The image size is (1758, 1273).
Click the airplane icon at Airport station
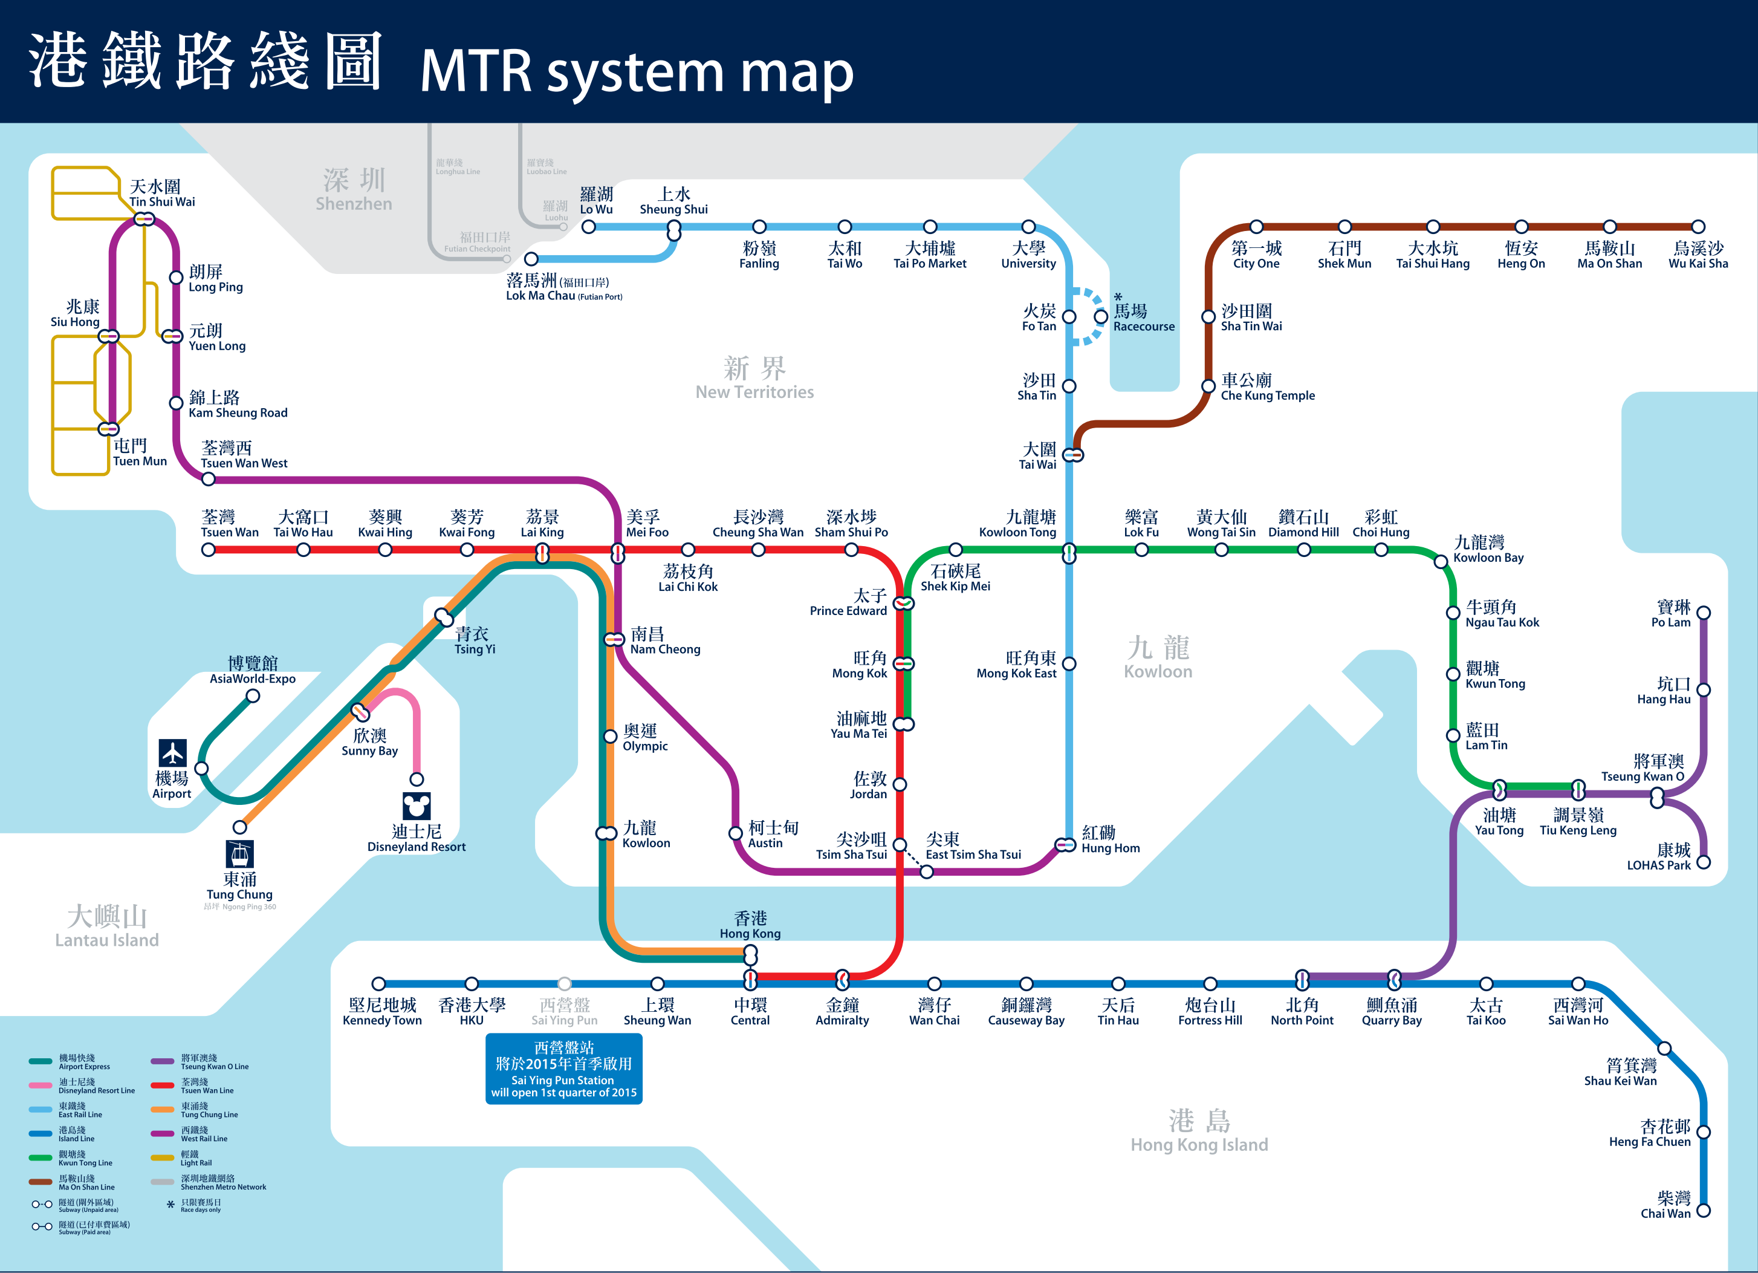[172, 752]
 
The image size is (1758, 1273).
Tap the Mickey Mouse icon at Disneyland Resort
[417, 806]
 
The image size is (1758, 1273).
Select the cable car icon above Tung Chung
[239, 853]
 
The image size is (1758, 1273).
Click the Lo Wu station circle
[589, 227]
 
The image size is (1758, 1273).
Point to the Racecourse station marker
[1101, 316]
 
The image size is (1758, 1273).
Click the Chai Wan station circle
[1704, 1211]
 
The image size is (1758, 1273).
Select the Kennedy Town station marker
[378, 984]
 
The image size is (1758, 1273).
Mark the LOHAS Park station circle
[1704, 862]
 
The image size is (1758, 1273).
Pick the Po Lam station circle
[1704, 613]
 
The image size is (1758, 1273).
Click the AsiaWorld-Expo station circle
[253, 696]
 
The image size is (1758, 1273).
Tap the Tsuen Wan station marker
[208, 550]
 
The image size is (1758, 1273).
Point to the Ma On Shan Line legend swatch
[41, 1182]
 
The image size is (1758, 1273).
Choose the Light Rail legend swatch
[162, 1157]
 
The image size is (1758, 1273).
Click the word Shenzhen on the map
[354, 204]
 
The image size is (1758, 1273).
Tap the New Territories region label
[754, 392]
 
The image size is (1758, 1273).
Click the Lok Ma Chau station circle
[531, 259]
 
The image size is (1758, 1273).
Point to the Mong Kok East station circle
[1069, 663]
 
